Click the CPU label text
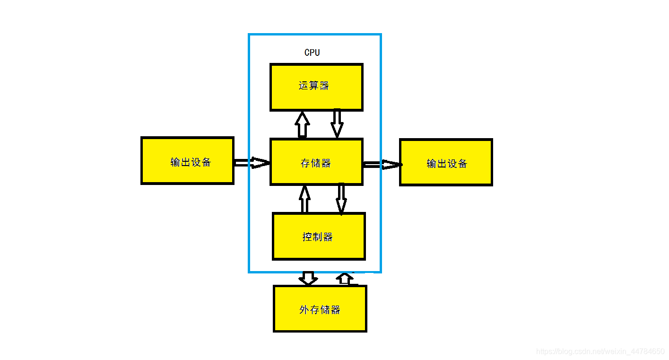[x=312, y=53]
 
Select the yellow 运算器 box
[x=316, y=88]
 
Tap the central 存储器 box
[x=316, y=162]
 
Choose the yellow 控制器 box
[x=319, y=237]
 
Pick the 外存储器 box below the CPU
[x=320, y=309]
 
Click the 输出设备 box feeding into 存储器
[x=187, y=161]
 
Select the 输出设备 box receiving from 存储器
[x=446, y=162]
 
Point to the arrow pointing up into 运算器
[x=302, y=124]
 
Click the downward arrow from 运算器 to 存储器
[x=337, y=123]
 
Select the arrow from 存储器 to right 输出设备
[x=382, y=165]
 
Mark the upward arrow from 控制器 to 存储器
[x=305, y=199]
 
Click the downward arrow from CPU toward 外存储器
[x=308, y=278]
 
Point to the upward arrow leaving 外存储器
[x=345, y=279]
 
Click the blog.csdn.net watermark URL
[x=600, y=351]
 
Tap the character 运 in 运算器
[x=304, y=86]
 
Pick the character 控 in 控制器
[x=307, y=237]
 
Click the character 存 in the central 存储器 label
[x=305, y=163]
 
